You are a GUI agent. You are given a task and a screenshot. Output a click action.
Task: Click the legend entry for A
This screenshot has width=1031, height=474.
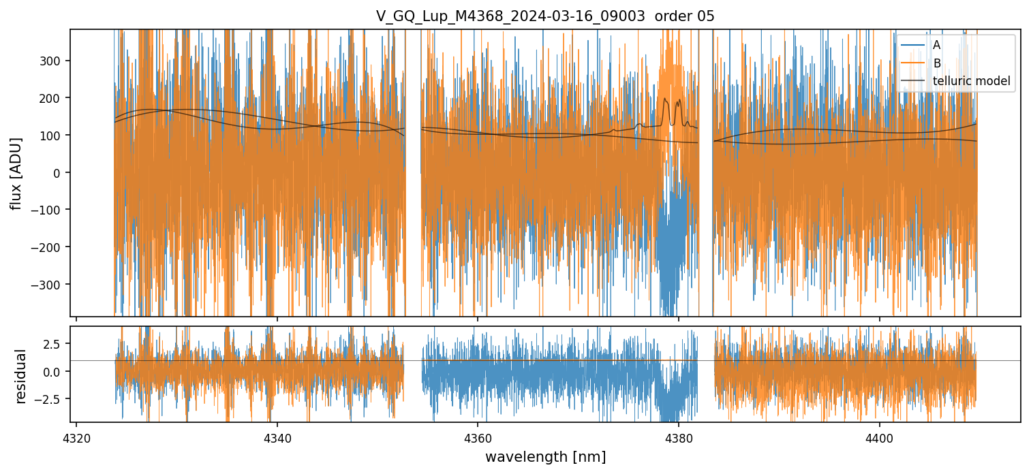[936, 45]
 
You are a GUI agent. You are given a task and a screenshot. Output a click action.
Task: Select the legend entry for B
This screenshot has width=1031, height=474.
[937, 63]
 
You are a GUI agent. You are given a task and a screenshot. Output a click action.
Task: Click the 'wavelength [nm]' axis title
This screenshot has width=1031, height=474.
[545, 456]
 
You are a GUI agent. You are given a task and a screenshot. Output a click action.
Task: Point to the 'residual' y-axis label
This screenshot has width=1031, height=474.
[20, 376]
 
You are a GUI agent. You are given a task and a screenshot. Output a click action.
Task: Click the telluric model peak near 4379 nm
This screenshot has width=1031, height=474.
[665, 99]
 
